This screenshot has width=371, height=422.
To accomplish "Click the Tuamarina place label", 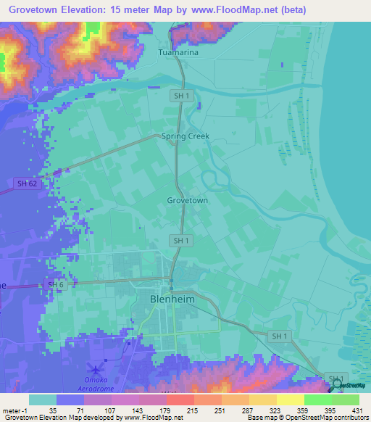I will [178, 53].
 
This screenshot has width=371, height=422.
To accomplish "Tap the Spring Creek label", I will [179, 136].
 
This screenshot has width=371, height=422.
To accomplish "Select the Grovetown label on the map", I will [188, 200].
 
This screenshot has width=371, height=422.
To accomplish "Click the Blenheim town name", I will [174, 298].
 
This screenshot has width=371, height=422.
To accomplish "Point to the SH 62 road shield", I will [27, 183].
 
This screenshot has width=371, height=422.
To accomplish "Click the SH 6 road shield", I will [57, 285].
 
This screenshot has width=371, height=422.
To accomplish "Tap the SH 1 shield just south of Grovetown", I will [181, 240].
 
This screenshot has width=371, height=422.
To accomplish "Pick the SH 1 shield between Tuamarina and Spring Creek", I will [181, 95].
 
